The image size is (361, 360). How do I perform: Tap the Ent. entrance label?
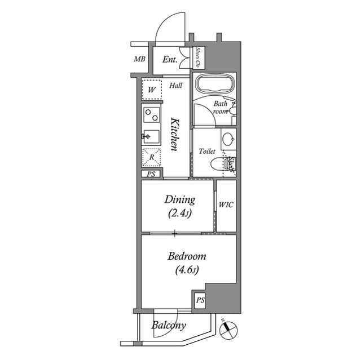pos(169,59)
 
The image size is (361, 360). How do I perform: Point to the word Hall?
pos(175,86)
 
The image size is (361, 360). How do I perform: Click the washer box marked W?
pos(151,90)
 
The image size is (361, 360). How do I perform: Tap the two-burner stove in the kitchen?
pos(151,115)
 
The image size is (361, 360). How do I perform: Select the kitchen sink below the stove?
pos(151,136)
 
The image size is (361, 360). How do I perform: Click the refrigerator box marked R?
pos(151,157)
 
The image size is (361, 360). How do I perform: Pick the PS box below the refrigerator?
pos(151,174)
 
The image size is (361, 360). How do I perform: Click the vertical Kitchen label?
pos(175,134)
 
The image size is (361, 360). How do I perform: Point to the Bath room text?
pos(221,108)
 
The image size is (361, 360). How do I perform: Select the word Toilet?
pos(207,152)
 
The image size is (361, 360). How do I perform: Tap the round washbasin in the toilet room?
pos(227,139)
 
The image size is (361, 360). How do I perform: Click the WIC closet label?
pos(226,205)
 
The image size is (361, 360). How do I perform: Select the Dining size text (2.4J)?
pos(179,214)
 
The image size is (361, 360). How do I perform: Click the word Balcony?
pos(169,326)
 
